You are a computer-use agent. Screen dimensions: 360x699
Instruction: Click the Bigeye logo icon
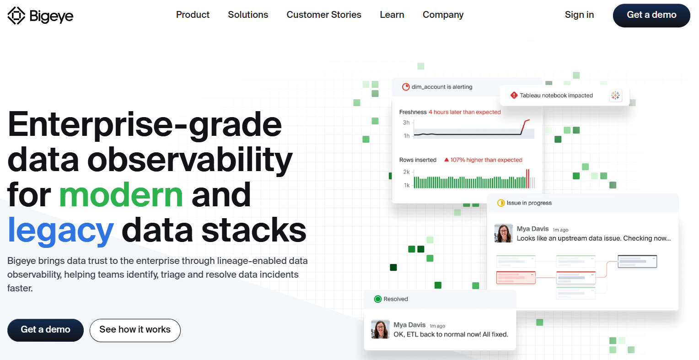pyautogui.click(x=16, y=16)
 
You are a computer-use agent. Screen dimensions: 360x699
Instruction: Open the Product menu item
pyautogui.click(x=193, y=15)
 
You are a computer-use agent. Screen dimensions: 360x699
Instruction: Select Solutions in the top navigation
pyautogui.click(x=248, y=15)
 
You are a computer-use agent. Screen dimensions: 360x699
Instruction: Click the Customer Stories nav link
pyautogui.click(x=324, y=15)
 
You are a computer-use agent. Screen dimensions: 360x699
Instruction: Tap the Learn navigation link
pyautogui.click(x=392, y=15)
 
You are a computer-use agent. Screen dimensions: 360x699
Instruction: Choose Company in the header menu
pyautogui.click(x=443, y=15)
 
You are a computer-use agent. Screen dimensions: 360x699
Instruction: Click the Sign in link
pyautogui.click(x=579, y=15)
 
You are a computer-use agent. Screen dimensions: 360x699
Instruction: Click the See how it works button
pyautogui.click(x=135, y=330)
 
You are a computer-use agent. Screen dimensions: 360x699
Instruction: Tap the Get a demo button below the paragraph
pyautogui.click(x=45, y=330)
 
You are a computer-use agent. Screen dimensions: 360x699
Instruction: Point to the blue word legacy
pyautogui.click(x=60, y=230)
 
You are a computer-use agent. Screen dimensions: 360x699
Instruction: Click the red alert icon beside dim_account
pyautogui.click(x=406, y=87)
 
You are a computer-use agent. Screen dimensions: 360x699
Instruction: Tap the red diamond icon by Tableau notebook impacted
pyautogui.click(x=514, y=95)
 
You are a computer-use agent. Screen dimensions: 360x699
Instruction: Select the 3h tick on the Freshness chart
pyautogui.click(x=406, y=123)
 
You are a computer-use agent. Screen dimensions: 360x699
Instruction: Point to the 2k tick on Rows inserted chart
pyautogui.click(x=406, y=172)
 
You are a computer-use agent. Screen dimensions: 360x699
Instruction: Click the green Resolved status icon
pyautogui.click(x=378, y=299)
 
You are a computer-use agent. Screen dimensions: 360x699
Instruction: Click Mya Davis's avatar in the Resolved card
pyautogui.click(x=380, y=329)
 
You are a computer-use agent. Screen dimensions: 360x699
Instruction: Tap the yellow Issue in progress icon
pyautogui.click(x=501, y=203)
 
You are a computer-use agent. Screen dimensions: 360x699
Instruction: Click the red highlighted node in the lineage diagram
pyautogui.click(x=516, y=277)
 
